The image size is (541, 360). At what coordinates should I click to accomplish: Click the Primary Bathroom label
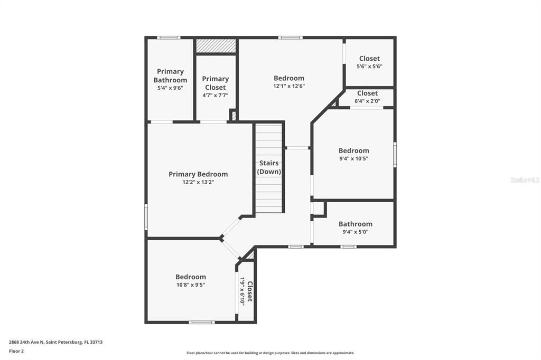[x=170, y=75]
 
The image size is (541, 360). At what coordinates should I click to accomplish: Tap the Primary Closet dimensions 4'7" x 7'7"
[x=215, y=96]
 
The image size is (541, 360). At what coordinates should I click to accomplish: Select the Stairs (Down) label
[x=269, y=167]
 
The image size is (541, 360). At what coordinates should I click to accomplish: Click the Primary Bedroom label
[x=198, y=174]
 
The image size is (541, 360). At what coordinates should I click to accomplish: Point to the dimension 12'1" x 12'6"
[x=289, y=86]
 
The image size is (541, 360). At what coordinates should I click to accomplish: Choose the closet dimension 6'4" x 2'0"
[x=367, y=101]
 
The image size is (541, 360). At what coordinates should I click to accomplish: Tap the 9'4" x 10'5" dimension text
[x=353, y=158]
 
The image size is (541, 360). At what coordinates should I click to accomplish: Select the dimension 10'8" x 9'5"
[x=191, y=285]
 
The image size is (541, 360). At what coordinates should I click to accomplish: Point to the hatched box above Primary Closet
[x=216, y=46]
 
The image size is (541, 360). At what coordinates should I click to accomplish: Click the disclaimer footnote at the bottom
[x=270, y=353]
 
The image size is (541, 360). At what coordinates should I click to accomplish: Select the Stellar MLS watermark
[x=525, y=180]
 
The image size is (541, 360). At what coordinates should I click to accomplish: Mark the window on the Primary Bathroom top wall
[x=169, y=37]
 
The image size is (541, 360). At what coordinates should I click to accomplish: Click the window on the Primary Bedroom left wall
[x=146, y=217]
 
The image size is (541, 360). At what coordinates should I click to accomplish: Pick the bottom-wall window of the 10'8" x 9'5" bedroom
[x=202, y=322]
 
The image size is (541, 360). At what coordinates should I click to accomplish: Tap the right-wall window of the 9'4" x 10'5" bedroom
[x=395, y=155]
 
